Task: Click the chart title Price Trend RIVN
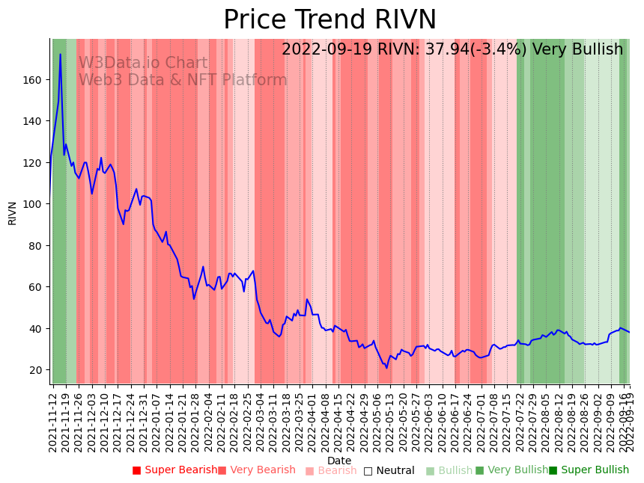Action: click(329, 20)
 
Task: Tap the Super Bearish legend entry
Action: click(174, 470)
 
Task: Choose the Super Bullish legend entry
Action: click(589, 470)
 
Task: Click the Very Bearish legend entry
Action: click(257, 470)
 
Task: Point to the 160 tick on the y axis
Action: click(35, 79)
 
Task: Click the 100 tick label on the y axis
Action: click(35, 204)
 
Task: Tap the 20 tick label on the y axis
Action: click(38, 370)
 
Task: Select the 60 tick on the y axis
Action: click(38, 287)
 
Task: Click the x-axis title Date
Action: click(339, 461)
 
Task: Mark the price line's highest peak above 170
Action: click(61, 54)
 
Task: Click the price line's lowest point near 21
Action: click(387, 368)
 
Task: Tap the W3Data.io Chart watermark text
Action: click(143, 64)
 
